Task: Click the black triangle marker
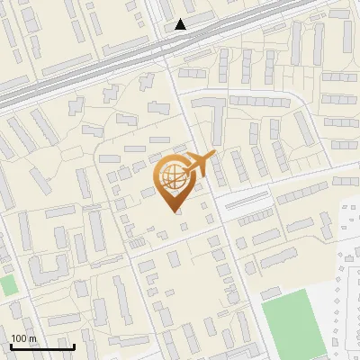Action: coord(181,24)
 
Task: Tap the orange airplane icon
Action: coord(199,166)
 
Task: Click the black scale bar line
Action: coord(42,346)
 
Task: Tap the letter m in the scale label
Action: coord(33,338)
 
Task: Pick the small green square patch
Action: coord(8,286)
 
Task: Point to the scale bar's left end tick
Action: coord(11,346)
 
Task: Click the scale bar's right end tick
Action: coord(74,346)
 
